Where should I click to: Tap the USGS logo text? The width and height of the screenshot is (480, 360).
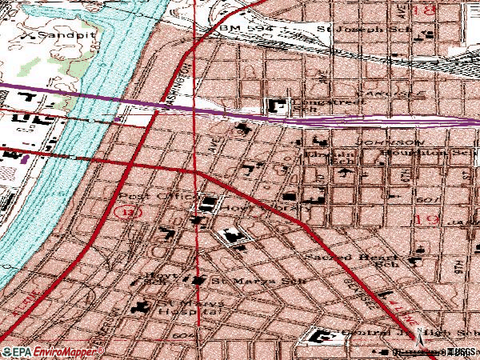point(462,352)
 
